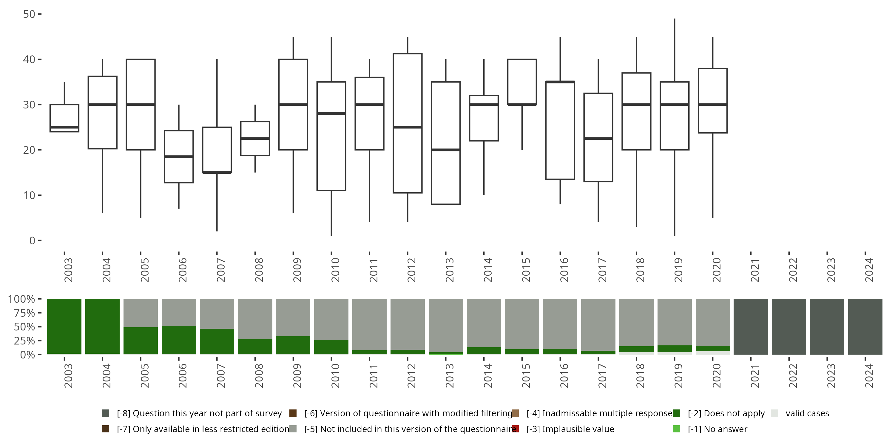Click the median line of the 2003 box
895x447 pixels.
(x=64, y=127)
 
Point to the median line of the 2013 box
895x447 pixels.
(x=446, y=150)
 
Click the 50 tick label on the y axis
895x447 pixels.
(x=29, y=14)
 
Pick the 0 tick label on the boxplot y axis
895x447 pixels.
(x=32, y=240)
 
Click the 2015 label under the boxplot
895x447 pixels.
(x=526, y=270)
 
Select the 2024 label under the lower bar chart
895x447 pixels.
(x=868, y=376)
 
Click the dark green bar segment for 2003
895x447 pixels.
(x=64, y=326)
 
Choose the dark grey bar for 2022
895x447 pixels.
(x=789, y=326)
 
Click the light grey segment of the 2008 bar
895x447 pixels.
(x=255, y=319)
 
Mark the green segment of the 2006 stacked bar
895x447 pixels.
(x=179, y=340)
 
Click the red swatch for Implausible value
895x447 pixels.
(x=515, y=429)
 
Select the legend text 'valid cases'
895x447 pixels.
(x=807, y=413)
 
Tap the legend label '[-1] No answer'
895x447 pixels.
(x=717, y=429)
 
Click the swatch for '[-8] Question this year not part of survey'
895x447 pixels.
(x=106, y=413)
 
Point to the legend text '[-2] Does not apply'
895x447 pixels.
(x=726, y=413)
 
